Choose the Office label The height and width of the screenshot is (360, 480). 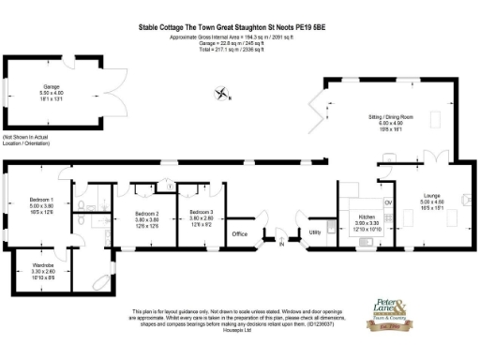tap(239, 233)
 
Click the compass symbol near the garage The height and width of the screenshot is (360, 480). tap(222, 93)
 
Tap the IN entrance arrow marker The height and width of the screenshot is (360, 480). tap(280, 245)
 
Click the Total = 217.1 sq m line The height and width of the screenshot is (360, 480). tap(239, 49)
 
